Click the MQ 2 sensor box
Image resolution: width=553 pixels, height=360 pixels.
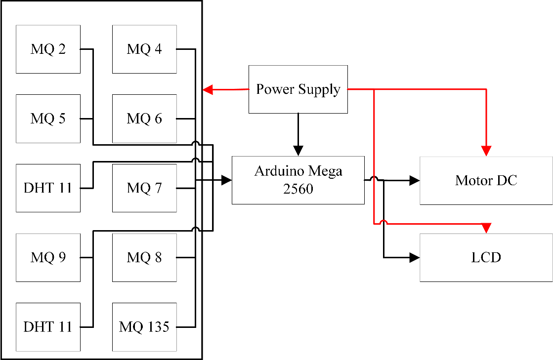tap(48, 49)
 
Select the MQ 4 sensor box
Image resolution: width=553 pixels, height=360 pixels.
tap(144, 49)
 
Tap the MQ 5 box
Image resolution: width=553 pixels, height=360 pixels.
tap(48, 119)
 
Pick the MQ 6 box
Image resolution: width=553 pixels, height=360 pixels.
tap(144, 119)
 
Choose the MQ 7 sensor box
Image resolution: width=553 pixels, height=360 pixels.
tap(144, 188)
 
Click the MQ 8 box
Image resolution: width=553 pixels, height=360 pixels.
tap(144, 258)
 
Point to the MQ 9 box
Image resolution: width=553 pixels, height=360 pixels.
tap(48, 258)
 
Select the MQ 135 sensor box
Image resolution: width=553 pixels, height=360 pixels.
tap(144, 327)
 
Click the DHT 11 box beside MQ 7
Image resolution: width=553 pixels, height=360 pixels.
tap(48, 188)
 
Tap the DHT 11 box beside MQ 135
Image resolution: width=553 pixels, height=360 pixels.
tap(48, 327)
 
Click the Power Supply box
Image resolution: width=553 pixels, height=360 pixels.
tap(298, 89)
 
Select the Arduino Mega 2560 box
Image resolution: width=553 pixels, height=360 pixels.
tap(298, 180)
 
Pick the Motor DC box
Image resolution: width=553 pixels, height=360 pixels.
tap(486, 180)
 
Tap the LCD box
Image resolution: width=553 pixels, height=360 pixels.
tap(486, 257)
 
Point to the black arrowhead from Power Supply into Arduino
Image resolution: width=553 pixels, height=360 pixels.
tap(298, 150)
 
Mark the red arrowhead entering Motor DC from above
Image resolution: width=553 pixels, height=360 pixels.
tap(487, 151)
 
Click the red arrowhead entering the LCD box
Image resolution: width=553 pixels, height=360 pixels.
tap(486, 228)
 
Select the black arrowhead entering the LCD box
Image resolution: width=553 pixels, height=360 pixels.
tap(414, 257)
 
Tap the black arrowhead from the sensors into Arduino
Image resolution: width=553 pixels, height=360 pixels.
tap(226, 180)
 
